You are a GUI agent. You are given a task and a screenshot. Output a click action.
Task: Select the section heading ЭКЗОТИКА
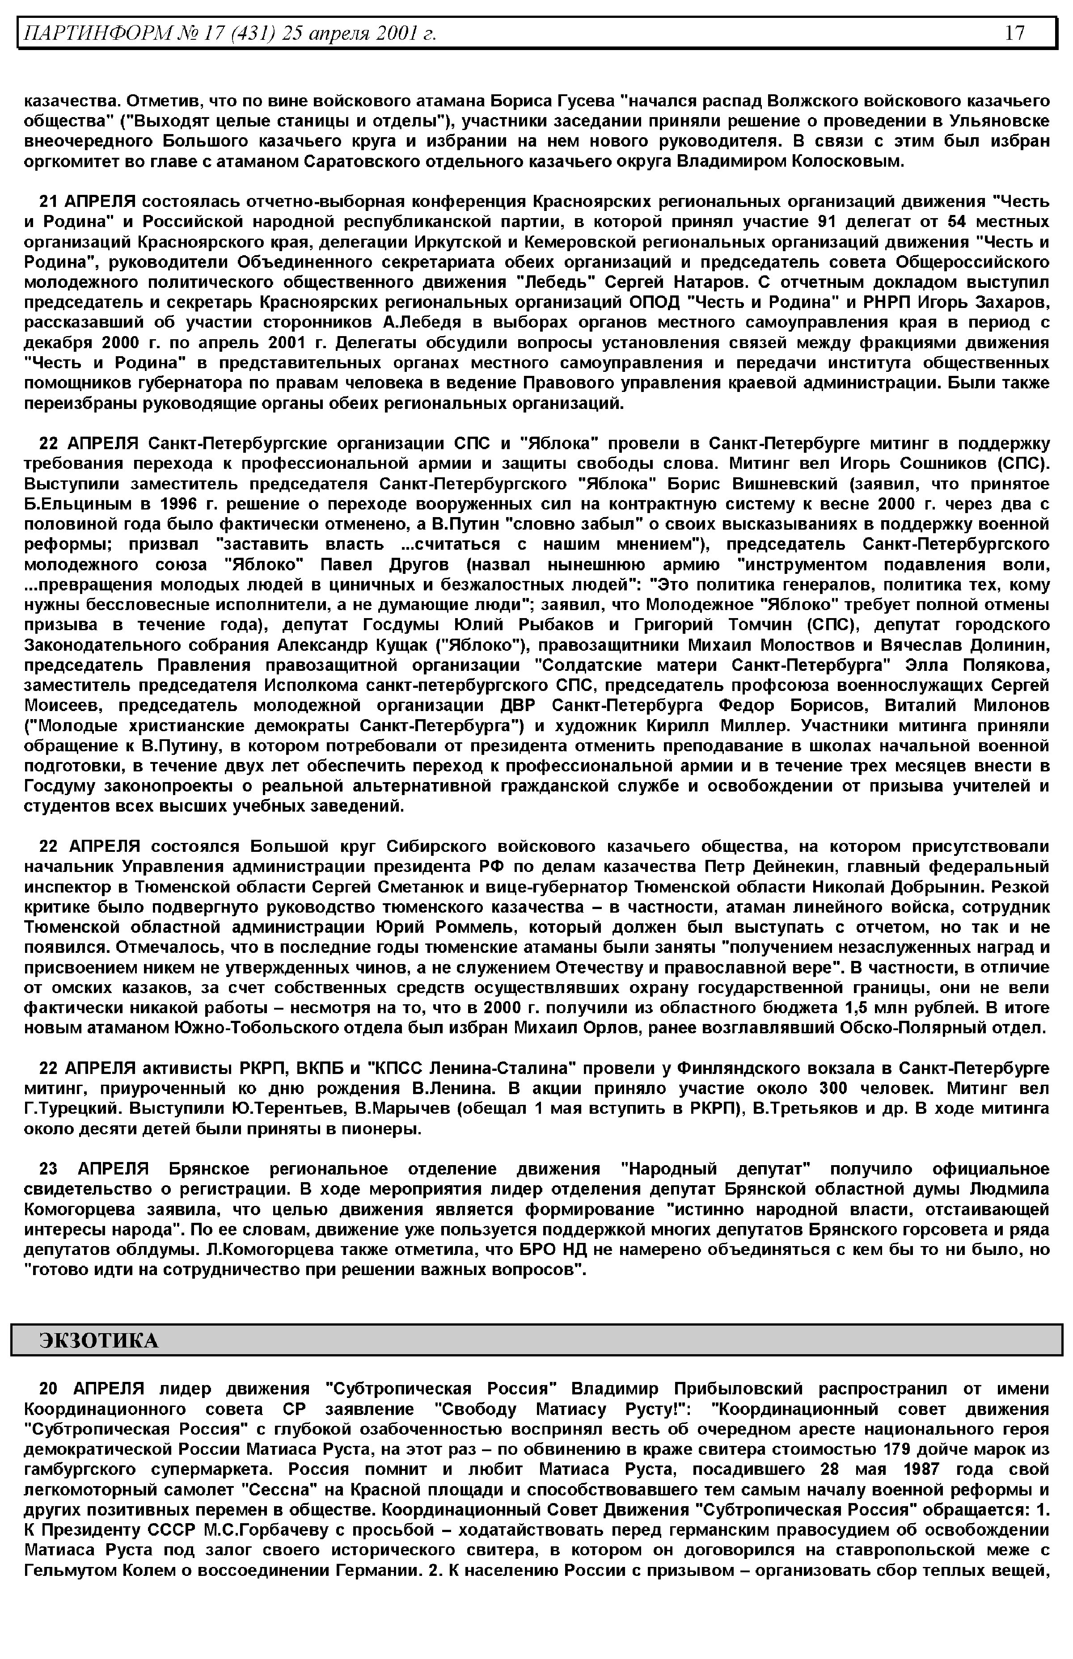(99, 1341)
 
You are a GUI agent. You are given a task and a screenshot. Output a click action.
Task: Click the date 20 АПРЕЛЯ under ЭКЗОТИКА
(91, 1389)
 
